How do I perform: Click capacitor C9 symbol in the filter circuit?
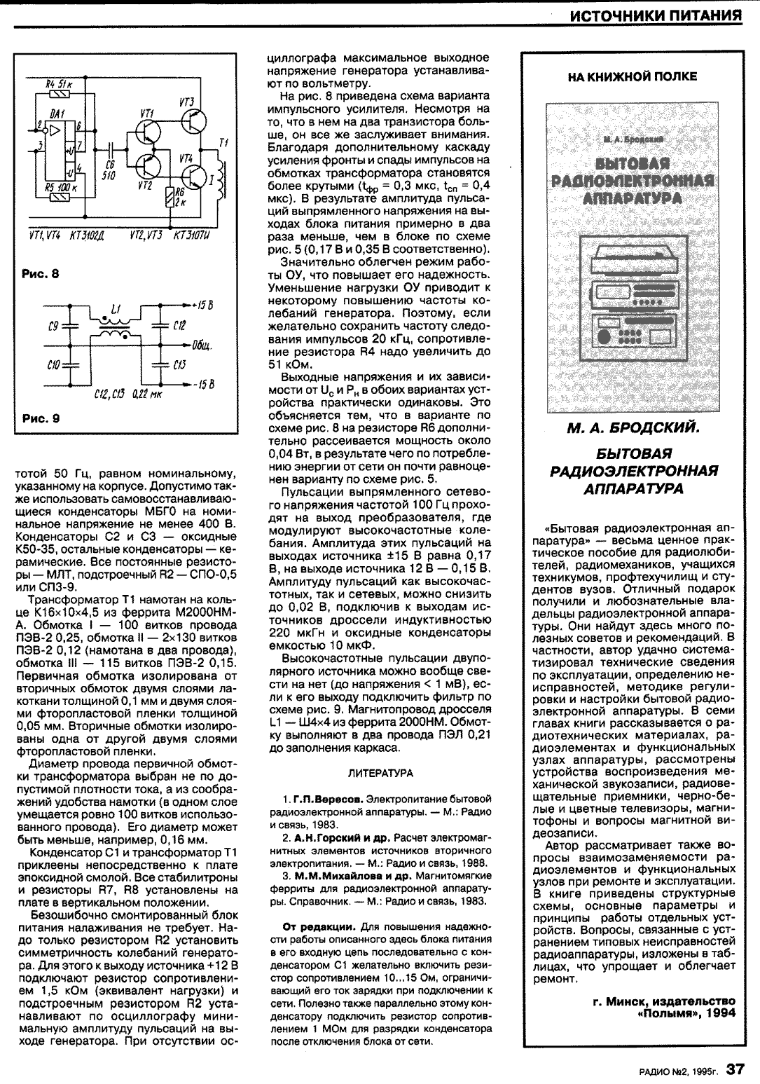70,325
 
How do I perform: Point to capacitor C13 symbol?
160,364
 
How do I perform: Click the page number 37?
734,1068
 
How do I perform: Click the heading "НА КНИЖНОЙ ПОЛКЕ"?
632,76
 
